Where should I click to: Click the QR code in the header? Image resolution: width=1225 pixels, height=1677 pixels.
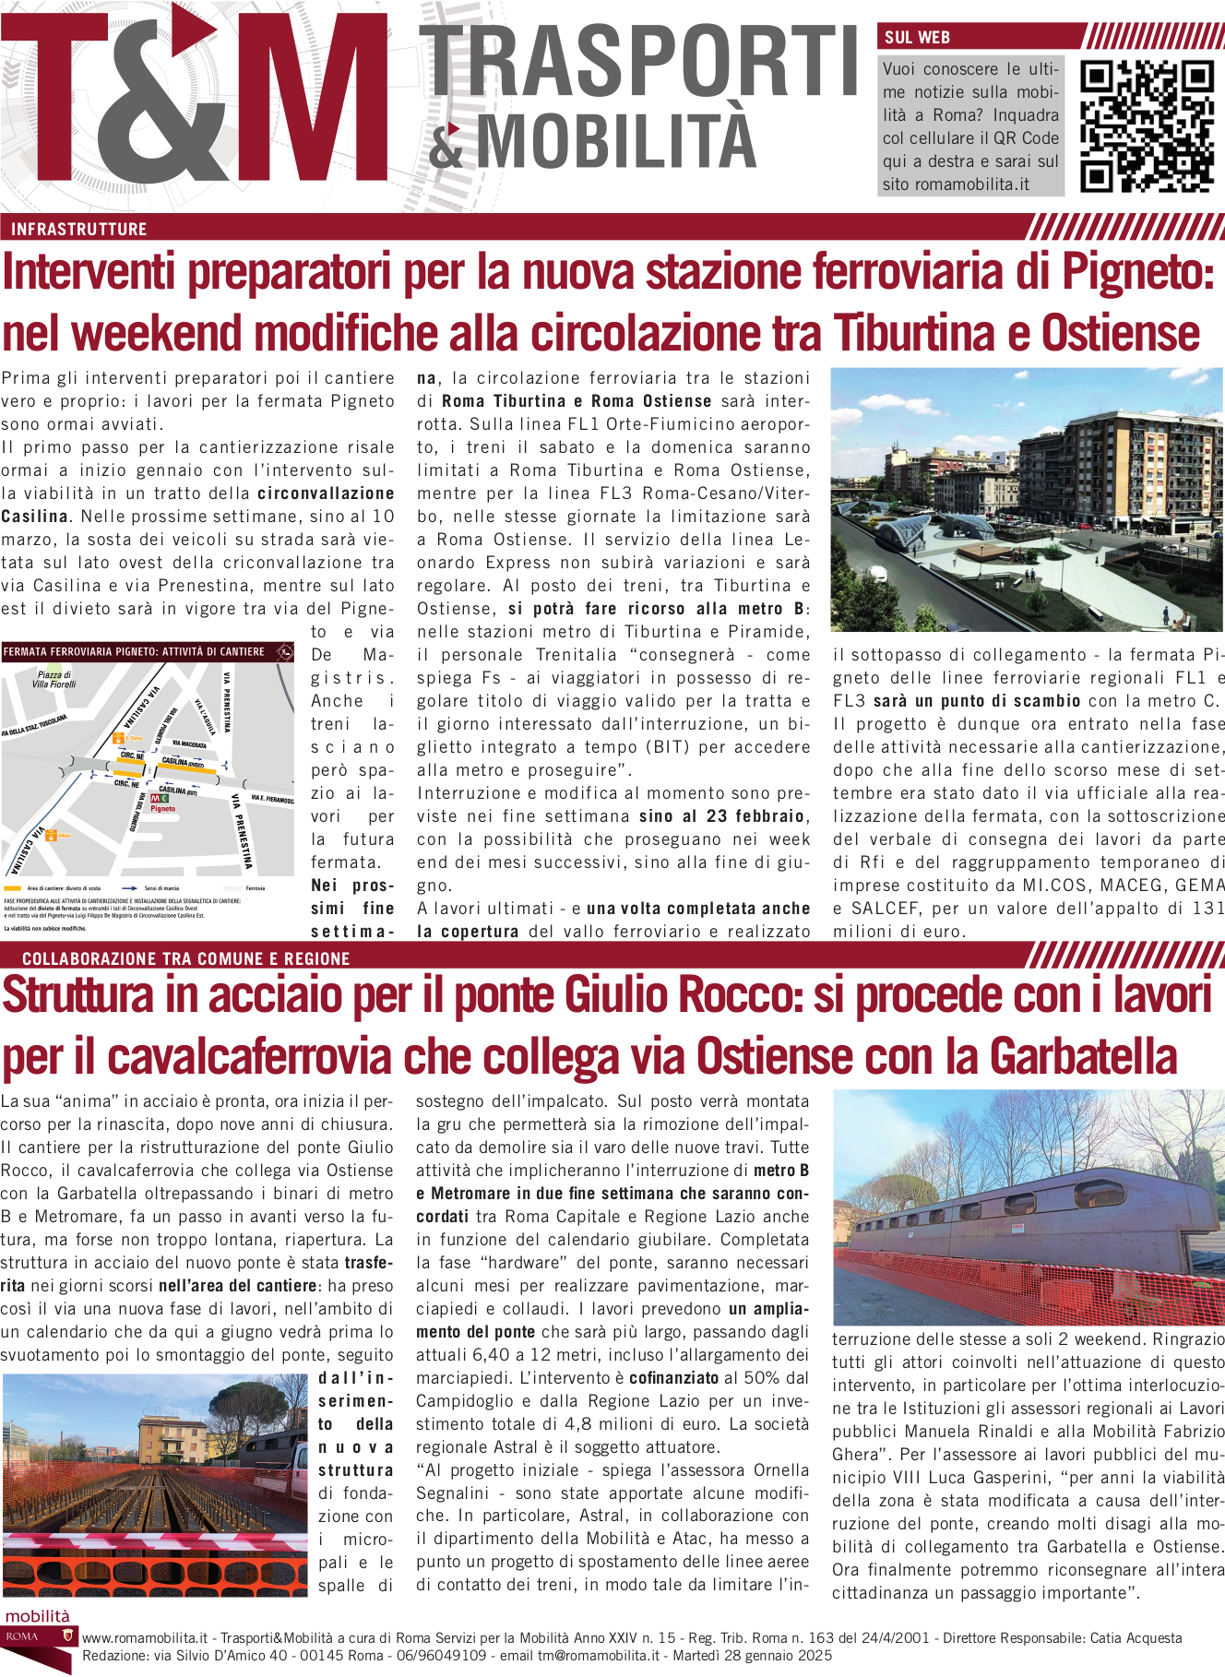(1147, 126)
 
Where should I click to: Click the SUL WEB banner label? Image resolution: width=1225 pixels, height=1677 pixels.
(917, 38)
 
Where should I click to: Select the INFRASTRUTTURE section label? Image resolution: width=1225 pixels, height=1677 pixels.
(79, 229)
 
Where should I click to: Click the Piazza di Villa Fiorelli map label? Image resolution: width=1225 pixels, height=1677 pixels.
(54, 680)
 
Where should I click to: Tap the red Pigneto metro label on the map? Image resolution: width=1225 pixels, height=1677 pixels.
(163, 808)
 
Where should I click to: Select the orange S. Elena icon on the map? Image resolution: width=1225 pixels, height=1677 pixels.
(118, 738)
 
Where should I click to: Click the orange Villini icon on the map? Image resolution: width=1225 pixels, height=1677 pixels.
(52, 836)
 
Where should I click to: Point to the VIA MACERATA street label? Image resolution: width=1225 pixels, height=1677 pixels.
(189, 743)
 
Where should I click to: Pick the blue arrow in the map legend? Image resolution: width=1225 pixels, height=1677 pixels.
(130, 888)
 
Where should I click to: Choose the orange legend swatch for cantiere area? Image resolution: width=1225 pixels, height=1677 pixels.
(13, 888)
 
